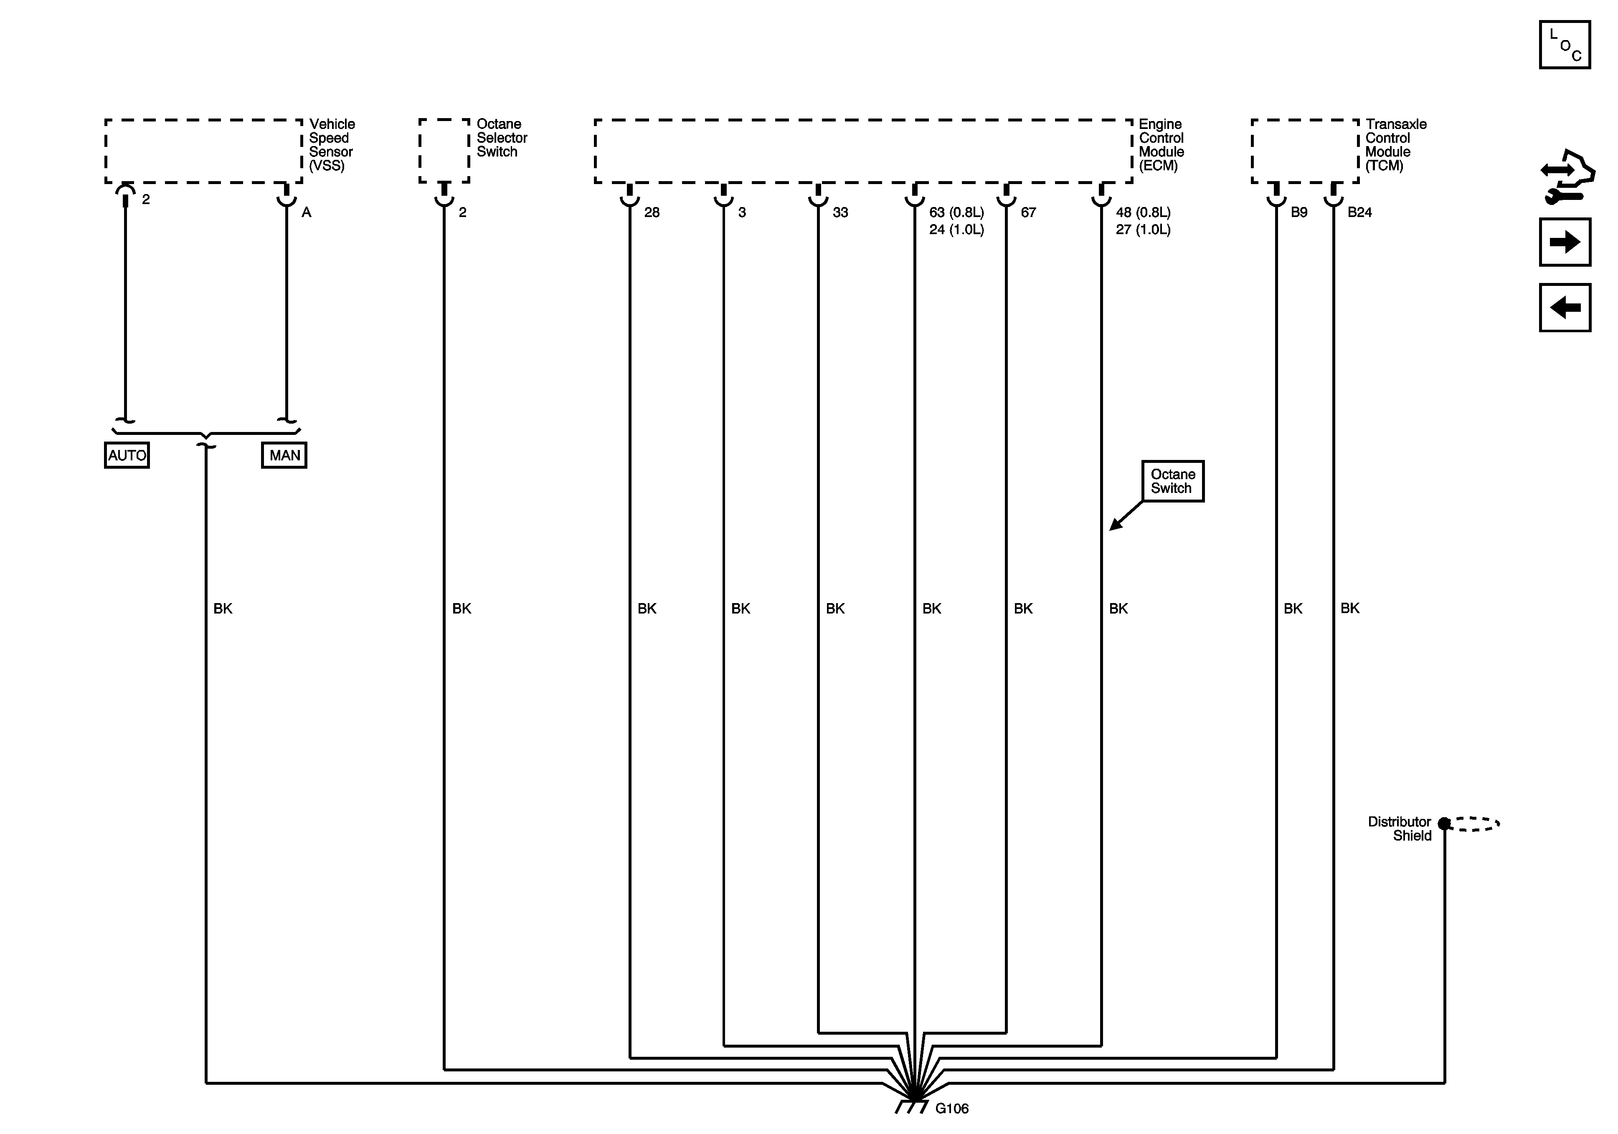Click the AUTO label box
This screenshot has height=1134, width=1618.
coord(127,455)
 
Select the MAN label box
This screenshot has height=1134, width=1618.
coord(284,455)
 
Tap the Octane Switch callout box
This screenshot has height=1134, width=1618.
coord(1173,481)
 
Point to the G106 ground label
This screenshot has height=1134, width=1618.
coord(951,1109)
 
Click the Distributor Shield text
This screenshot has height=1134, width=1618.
coord(1400,828)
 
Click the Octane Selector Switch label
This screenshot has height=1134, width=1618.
coord(501,137)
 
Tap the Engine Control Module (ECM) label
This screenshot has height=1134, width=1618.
coord(1162,144)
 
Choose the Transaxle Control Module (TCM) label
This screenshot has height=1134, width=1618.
coord(1395,144)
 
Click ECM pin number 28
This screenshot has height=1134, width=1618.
coord(652,212)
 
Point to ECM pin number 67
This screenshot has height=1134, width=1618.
coord(1028,212)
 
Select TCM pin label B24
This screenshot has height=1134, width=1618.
coord(1359,212)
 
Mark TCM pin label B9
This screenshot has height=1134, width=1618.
coord(1299,212)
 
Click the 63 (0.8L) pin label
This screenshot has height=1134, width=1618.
coord(956,212)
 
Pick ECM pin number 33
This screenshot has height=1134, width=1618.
coord(840,212)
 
